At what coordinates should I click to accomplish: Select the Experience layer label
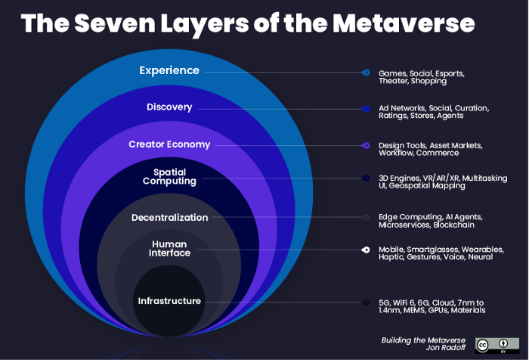coord(169,70)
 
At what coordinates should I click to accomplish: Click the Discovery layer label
coord(169,107)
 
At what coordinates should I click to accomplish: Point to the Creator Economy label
coord(169,144)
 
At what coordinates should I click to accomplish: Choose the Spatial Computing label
coord(169,176)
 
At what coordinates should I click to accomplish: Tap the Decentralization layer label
coord(169,217)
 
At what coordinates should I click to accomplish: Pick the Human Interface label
coord(169,249)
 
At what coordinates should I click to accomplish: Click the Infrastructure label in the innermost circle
coord(169,301)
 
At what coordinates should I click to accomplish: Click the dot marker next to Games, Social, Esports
coord(366,73)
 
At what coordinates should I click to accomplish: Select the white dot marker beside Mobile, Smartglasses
coord(366,250)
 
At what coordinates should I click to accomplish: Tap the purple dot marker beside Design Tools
coord(366,144)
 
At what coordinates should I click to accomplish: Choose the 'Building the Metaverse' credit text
coord(423,340)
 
